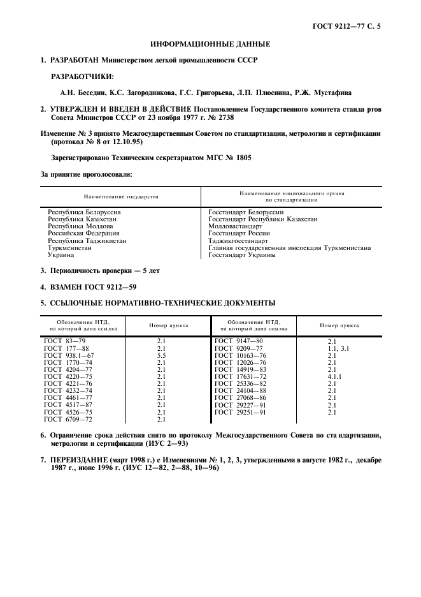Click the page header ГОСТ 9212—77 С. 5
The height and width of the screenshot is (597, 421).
point(351,26)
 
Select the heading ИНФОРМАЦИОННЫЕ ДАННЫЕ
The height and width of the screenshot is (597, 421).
point(210,44)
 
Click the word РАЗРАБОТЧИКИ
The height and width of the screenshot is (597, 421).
point(82,76)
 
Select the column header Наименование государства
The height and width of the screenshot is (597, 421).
point(121,196)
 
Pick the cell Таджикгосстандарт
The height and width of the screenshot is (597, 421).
point(238,240)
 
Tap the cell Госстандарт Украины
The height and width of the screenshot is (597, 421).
point(242,254)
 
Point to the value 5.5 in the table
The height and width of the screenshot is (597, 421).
point(161,355)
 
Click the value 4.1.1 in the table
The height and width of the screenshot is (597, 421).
point(335,376)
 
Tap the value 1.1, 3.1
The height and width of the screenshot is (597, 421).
point(338,348)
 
